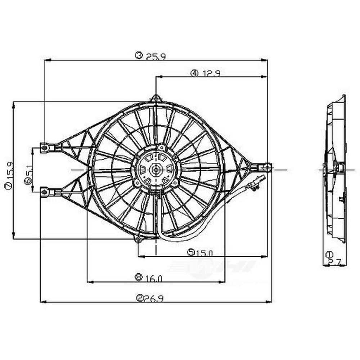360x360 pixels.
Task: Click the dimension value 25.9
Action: [x=156, y=57]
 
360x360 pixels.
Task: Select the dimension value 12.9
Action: [x=211, y=73]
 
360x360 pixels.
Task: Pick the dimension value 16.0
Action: [x=154, y=278]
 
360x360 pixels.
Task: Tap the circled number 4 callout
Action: [x=194, y=73]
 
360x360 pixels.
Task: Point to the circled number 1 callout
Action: [x=329, y=255]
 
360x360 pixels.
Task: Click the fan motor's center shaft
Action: [x=156, y=169]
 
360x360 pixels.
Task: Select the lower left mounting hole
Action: [x=44, y=192]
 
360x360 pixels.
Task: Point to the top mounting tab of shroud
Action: [x=156, y=98]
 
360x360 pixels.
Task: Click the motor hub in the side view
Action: [x=339, y=168]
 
